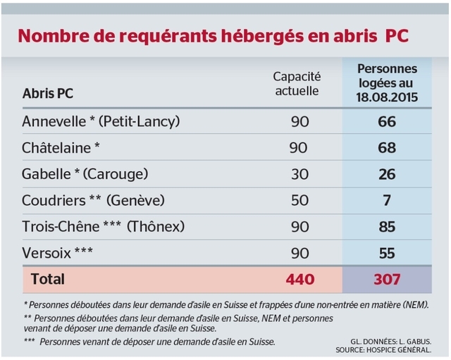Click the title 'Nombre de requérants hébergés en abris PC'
pos(214,36)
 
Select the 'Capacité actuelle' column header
pos(296,83)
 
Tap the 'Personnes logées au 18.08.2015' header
pos(387,83)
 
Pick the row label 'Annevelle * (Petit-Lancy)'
pos(101,121)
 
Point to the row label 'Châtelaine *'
pos(61,147)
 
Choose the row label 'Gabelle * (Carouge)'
pos(85,174)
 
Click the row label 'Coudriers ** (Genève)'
pos(93,200)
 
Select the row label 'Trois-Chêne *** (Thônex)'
pos(103,226)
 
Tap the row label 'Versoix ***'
pos(58,252)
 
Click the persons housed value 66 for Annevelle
pos(387,121)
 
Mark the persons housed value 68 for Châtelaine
pos(387,147)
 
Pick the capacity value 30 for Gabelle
pos(299,174)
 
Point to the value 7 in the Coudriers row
pos(387,200)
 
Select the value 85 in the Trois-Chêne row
pos(387,226)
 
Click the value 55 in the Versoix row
pos(387,252)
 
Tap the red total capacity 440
pos(299,279)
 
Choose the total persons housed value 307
pos(387,279)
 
